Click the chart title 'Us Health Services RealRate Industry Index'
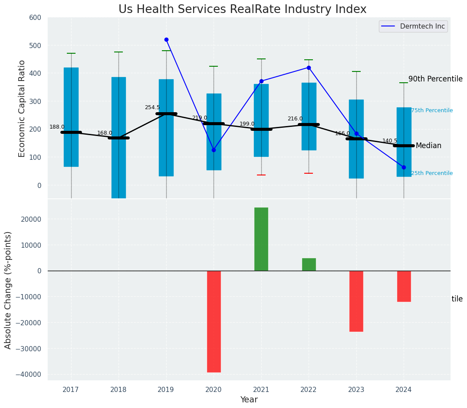[242, 10]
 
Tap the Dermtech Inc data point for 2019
[166, 39]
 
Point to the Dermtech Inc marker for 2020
[214, 150]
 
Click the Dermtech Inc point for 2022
[309, 68]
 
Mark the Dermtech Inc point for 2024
[404, 167]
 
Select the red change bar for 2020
[214, 321]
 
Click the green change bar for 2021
[261, 239]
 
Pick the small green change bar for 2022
[309, 264]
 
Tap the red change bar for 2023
[356, 301]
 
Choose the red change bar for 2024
[404, 286]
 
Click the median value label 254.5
[152, 107]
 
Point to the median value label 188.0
[57, 127]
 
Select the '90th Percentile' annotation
[435, 79]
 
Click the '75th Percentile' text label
[431, 110]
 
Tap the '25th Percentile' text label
[431, 173]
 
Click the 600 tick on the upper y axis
[35, 18]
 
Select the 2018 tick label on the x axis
[118, 390]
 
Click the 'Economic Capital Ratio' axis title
[22, 108]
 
